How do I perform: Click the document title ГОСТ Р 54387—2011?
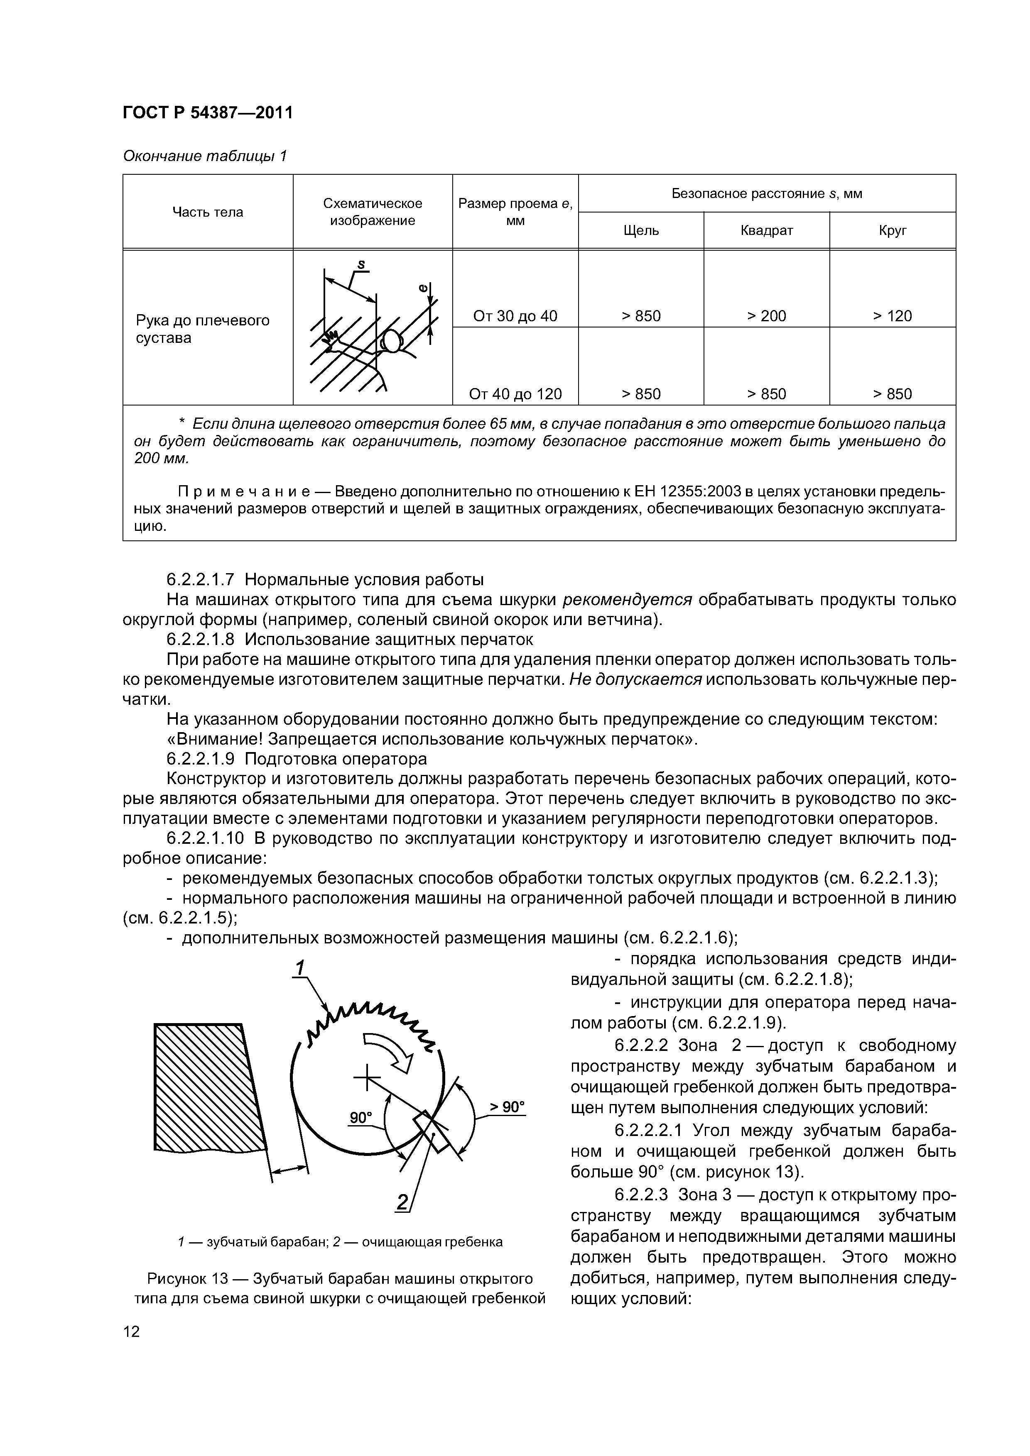[208, 113]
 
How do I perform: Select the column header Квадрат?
[767, 230]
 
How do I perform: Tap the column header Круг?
[892, 230]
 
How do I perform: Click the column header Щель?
[641, 230]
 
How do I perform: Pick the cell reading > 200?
[767, 316]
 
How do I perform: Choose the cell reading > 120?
[892, 316]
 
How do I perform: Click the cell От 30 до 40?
[515, 316]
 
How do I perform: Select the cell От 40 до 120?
[515, 394]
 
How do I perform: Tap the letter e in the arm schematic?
[423, 288]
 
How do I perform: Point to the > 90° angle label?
[507, 1107]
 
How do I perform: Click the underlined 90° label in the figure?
[361, 1117]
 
